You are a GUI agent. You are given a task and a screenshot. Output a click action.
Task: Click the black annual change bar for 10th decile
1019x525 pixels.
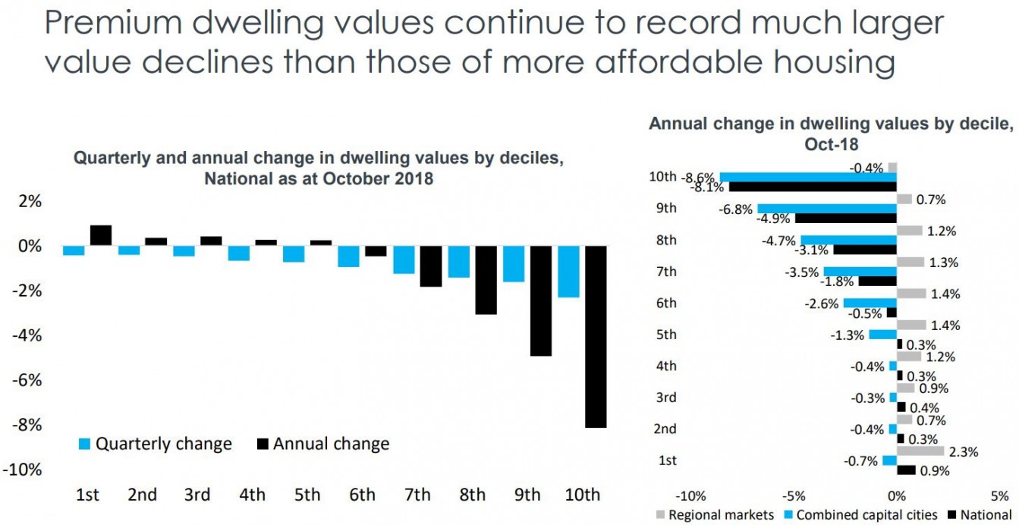pyautogui.click(x=596, y=337)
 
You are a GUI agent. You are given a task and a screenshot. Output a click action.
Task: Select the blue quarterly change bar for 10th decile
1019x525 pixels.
pyautogui.click(x=568, y=272)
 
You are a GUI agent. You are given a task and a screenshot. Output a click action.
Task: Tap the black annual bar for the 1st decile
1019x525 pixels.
pyautogui.click(x=101, y=236)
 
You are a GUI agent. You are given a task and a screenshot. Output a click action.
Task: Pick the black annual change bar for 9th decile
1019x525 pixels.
pyautogui.click(x=541, y=301)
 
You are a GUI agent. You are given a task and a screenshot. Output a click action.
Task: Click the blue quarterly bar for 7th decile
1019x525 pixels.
pyautogui.click(x=404, y=260)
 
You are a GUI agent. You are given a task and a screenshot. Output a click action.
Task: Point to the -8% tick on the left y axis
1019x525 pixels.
pyautogui.click(x=27, y=425)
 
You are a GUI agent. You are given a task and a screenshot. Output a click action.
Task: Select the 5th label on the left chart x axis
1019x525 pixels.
pyautogui.click(x=307, y=495)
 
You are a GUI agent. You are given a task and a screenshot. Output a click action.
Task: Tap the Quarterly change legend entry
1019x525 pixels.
pyautogui.click(x=156, y=444)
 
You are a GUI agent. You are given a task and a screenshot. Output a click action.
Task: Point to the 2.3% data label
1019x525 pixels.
pyautogui.click(x=964, y=451)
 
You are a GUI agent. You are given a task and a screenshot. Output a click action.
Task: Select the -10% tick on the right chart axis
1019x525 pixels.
pyautogui.click(x=690, y=496)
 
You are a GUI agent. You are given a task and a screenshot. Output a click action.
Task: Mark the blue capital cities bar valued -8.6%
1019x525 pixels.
pyautogui.click(x=808, y=177)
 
